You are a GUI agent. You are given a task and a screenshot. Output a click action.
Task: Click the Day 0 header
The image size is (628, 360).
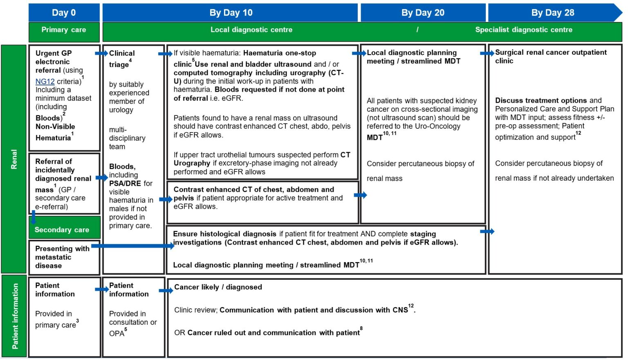pos(64,13)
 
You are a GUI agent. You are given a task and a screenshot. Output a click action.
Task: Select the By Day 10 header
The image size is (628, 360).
pos(231,13)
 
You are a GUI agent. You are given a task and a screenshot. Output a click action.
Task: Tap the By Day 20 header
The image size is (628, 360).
pos(423,13)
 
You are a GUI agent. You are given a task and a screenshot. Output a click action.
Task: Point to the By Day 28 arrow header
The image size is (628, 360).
pos(553,13)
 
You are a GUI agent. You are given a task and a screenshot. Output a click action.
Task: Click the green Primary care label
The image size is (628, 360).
pos(64,30)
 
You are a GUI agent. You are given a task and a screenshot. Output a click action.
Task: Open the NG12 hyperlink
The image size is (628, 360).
pos(45,81)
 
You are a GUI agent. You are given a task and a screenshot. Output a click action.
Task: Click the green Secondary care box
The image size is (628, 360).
pos(62,230)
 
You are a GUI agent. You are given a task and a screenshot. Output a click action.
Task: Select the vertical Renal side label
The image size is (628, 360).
pos(14,159)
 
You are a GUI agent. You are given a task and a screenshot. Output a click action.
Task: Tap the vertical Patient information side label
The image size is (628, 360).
pos(15,316)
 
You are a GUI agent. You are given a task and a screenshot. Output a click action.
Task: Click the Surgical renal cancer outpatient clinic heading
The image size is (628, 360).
pos(550,56)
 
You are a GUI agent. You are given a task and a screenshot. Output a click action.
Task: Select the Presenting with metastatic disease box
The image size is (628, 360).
pos(62,257)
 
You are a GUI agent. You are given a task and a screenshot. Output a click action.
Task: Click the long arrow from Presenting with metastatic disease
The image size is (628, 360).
pos(133,246)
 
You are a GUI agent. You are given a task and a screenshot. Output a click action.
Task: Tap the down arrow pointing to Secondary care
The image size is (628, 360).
pos(34,217)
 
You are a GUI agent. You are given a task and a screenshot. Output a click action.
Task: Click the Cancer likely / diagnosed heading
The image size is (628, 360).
pos(218,287)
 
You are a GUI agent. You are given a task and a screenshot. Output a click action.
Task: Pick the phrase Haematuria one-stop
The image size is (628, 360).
pos(279,53)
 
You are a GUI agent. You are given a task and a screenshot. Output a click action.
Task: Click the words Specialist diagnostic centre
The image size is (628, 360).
pos(523,30)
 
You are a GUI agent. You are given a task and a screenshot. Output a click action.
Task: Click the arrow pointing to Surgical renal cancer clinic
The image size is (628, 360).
pos(487,53)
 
